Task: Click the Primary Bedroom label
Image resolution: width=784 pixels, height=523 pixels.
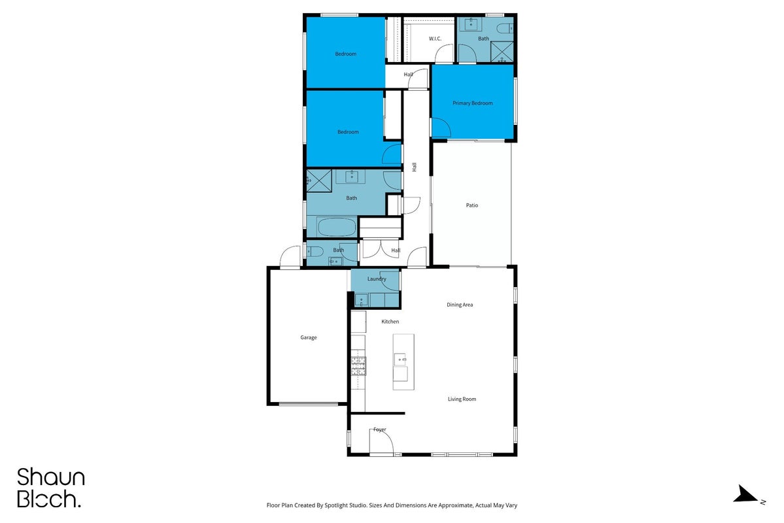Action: pyautogui.click(x=473, y=103)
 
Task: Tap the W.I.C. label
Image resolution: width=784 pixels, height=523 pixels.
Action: pyautogui.click(x=435, y=39)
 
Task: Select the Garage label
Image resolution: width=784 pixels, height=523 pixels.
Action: pyautogui.click(x=309, y=337)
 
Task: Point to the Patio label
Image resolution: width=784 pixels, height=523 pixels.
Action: pyautogui.click(x=472, y=205)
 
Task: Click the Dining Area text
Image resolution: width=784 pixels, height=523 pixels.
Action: pyautogui.click(x=460, y=305)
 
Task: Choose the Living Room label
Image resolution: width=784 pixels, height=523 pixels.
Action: pyautogui.click(x=462, y=399)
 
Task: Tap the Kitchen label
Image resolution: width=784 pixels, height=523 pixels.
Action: pyautogui.click(x=390, y=322)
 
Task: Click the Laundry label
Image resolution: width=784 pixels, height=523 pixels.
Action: pyautogui.click(x=377, y=279)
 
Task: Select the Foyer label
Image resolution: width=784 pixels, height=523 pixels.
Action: pyautogui.click(x=379, y=430)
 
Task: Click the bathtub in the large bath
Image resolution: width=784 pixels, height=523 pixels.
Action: pyautogui.click(x=337, y=227)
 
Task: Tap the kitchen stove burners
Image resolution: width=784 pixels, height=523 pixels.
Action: pyautogui.click(x=358, y=366)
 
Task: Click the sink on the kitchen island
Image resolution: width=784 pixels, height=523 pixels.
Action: pyautogui.click(x=400, y=359)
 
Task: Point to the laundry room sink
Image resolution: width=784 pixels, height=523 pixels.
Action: pyautogui.click(x=361, y=300)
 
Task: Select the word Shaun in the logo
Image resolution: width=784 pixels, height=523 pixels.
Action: pyautogui.click(x=51, y=477)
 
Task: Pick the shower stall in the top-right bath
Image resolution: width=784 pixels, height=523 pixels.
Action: pyautogui.click(x=502, y=52)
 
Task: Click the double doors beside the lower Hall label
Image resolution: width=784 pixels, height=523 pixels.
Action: pyautogui.click(x=381, y=248)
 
